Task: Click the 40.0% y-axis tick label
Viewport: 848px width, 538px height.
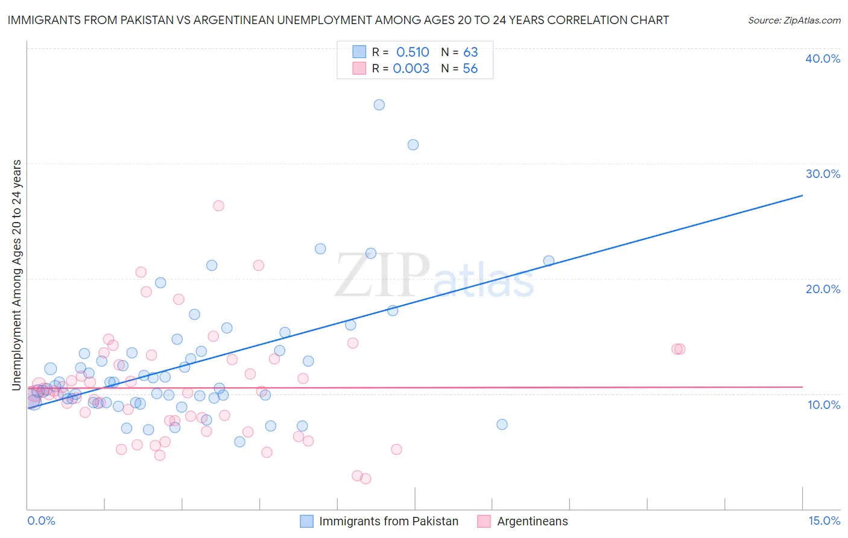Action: [823, 59]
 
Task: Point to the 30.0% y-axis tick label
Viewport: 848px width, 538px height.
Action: [823, 174]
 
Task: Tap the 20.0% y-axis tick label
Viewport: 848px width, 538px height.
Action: [823, 289]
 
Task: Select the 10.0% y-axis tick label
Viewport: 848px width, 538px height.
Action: [823, 405]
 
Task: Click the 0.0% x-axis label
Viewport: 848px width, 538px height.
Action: [41, 521]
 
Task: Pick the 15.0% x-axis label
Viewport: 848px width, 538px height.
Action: [824, 521]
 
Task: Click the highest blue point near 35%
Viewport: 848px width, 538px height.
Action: [379, 105]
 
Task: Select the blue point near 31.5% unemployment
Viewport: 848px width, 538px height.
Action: [413, 145]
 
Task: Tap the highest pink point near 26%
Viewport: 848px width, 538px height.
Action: [218, 206]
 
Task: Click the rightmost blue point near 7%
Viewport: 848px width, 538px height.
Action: [502, 425]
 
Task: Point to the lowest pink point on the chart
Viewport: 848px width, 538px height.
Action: [365, 479]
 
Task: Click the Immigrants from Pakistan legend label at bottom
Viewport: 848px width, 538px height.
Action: [388, 521]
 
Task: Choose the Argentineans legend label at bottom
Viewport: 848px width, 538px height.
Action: [532, 521]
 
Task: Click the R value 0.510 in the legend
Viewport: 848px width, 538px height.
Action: [413, 52]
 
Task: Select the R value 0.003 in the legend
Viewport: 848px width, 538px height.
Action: [411, 69]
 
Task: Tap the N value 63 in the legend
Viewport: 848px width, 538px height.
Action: [470, 52]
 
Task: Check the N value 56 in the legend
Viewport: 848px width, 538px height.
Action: [470, 69]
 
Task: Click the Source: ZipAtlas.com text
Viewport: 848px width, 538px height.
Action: [794, 21]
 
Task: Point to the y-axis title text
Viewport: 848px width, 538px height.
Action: [17, 275]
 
